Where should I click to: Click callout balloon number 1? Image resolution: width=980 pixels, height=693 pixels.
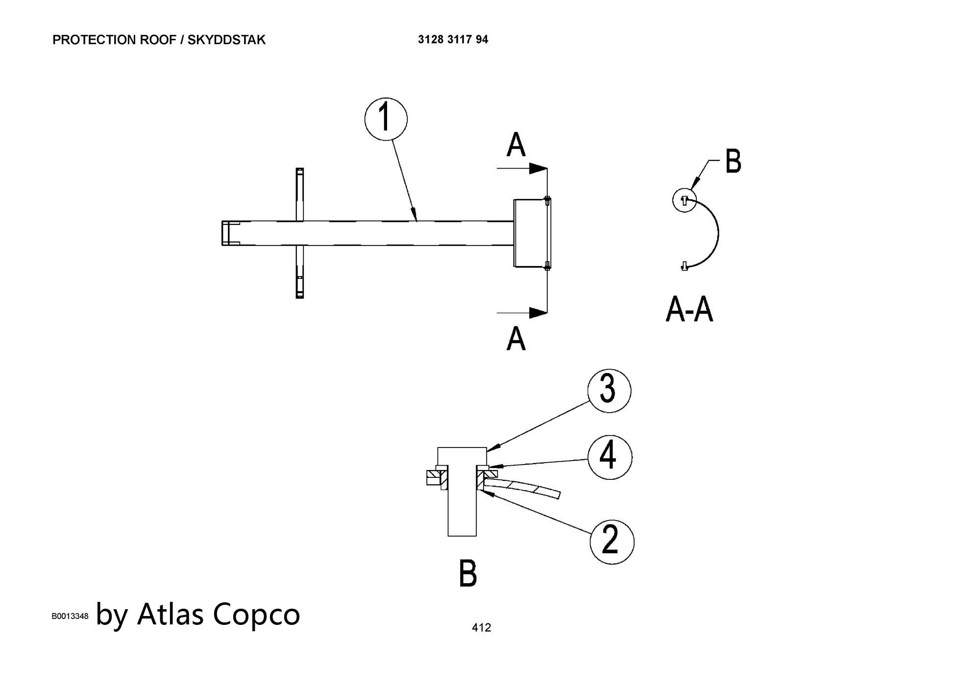(386, 119)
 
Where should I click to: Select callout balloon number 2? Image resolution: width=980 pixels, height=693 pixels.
(612, 542)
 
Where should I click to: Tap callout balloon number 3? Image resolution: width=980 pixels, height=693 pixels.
(609, 391)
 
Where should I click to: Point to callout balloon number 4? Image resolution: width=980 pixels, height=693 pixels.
(610, 457)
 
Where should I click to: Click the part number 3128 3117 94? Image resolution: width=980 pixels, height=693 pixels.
(453, 40)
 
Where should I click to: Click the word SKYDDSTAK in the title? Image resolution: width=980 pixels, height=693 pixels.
(226, 40)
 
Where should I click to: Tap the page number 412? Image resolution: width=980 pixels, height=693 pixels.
(481, 627)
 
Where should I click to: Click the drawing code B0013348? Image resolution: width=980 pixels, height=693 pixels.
(70, 616)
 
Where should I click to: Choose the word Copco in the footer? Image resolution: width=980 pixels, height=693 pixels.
(256, 615)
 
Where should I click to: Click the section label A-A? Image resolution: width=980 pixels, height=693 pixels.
(689, 310)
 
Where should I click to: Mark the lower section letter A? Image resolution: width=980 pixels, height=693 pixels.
(516, 339)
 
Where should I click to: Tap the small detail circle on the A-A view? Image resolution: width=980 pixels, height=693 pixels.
(684, 200)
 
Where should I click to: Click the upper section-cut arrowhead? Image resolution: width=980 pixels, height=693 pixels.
(538, 169)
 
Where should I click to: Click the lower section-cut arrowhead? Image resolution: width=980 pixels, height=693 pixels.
(538, 312)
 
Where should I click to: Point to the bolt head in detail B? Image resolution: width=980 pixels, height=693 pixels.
(462, 456)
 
